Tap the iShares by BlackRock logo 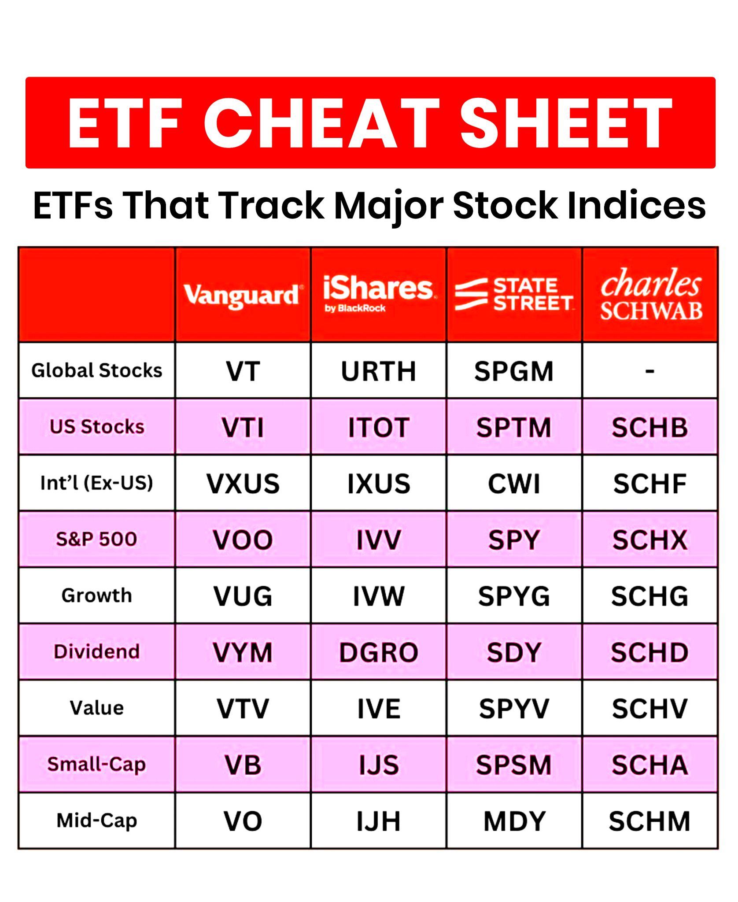[379, 294]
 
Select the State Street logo [514, 294]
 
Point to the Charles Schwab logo [651, 294]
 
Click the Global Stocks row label [97, 370]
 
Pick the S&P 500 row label [97, 539]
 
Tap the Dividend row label [97, 652]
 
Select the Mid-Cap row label [97, 821]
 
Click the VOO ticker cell [243, 540]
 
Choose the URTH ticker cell [379, 371]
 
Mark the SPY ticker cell [514, 540]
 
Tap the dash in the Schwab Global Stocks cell [650, 372]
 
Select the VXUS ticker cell [243, 484]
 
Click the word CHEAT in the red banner [321, 123]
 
